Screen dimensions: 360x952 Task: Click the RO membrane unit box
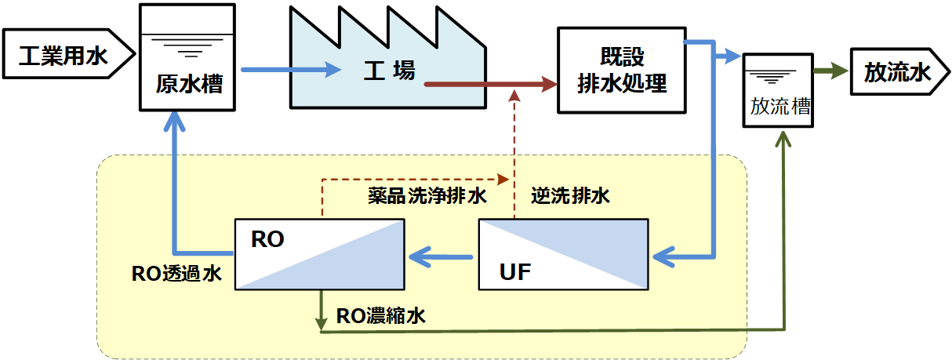pos(319,254)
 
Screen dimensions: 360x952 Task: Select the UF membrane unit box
pos(563,254)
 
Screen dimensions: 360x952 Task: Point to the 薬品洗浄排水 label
pos(427,196)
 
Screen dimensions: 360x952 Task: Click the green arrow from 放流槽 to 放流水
pos(830,72)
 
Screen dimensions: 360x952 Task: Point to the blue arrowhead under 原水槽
pos(176,119)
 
